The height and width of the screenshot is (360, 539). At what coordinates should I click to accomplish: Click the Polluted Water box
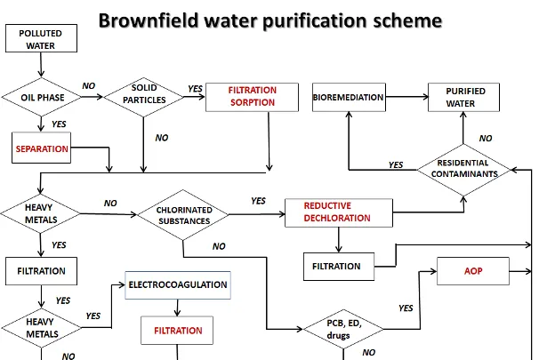click(x=41, y=38)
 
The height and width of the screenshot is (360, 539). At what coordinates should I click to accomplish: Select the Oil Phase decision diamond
click(x=41, y=97)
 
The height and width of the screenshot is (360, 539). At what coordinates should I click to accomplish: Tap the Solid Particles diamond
click(x=144, y=97)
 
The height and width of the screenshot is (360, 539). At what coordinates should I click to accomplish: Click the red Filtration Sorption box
click(x=252, y=97)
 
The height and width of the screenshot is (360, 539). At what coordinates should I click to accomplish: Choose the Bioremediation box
click(x=349, y=97)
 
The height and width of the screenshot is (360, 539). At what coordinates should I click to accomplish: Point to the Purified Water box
click(x=463, y=97)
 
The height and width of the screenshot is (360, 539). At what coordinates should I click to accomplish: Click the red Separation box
click(x=41, y=148)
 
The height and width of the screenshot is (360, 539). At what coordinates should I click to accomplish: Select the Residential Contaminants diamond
click(x=463, y=170)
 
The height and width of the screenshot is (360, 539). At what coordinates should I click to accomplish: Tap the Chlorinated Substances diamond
click(x=183, y=215)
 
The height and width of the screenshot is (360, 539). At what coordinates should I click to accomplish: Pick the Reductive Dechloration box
click(x=339, y=212)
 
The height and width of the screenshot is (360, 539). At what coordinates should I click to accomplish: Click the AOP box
click(x=473, y=271)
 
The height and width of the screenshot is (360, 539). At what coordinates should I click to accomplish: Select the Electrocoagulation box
click(x=178, y=285)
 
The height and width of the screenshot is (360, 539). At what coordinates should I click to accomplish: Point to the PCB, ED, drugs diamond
click(x=343, y=329)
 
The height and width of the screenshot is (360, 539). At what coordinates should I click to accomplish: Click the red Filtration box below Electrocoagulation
click(x=177, y=331)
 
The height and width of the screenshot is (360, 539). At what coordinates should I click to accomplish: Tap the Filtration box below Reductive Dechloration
click(x=339, y=267)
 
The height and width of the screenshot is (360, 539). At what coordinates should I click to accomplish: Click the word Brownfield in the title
click(x=149, y=20)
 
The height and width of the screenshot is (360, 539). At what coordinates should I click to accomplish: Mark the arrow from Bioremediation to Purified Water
click(x=407, y=97)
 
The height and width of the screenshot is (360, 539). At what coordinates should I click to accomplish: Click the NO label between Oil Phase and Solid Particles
click(x=89, y=86)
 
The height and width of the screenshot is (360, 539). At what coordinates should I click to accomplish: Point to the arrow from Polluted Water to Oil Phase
click(x=41, y=65)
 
